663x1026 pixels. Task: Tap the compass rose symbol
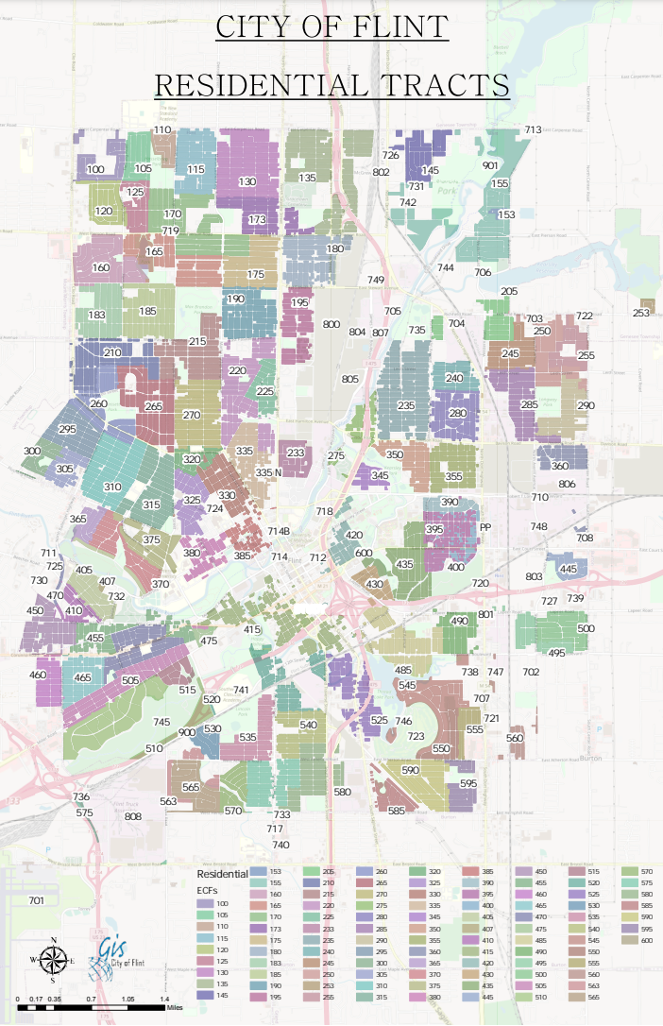click(x=54, y=962)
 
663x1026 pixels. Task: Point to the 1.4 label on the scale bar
click(x=163, y=999)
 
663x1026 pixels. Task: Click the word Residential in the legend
click(x=222, y=875)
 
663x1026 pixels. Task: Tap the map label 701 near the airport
click(x=36, y=900)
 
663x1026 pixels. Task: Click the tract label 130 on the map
click(x=247, y=181)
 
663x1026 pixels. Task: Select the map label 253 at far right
click(x=641, y=313)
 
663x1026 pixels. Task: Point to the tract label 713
click(x=533, y=129)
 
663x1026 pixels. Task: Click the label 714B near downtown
click(x=279, y=532)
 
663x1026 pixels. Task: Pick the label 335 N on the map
click(x=268, y=472)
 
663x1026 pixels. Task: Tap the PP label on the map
click(x=486, y=527)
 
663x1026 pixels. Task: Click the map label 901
click(x=490, y=165)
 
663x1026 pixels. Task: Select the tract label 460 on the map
click(x=38, y=675)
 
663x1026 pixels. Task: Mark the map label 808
click(x=133, y=816)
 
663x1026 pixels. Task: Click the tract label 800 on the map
click(x=331, y=324)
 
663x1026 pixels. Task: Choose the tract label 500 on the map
click(x=586, y=628)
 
